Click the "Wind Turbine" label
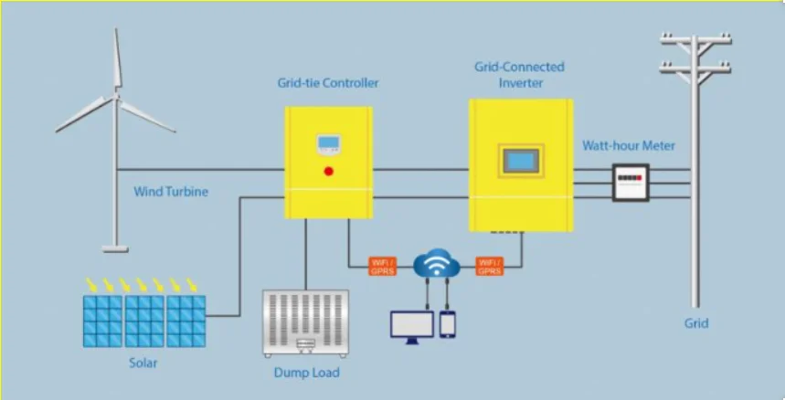[171, 192]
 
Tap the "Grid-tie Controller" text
[328, 83]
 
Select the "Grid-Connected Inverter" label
[520, 75]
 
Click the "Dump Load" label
[306, 373]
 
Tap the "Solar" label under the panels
[143, 363]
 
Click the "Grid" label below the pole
[696, 323]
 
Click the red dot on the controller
[328, 170]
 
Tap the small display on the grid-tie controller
[328, 143]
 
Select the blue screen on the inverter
[520, 161]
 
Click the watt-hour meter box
[630, 182]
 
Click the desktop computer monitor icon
[411, 327]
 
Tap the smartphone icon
[448, 323]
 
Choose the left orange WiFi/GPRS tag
[382, 266]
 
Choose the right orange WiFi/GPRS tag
[490, 266]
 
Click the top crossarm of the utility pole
[696, 39]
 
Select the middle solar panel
[144, 320]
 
